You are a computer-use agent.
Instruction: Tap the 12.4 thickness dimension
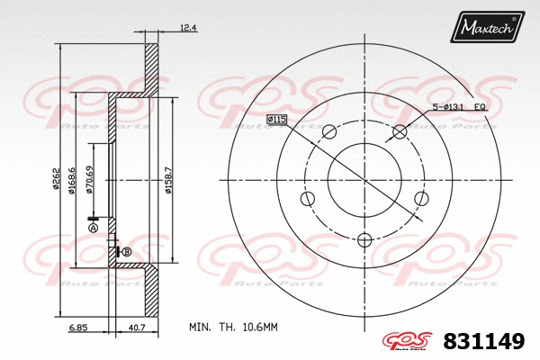[188, 29]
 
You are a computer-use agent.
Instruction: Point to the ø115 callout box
[275, 119]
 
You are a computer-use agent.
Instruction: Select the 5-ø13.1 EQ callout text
[461, 108]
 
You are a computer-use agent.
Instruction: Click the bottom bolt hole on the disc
[364, 239]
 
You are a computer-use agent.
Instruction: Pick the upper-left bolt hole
[328, 131]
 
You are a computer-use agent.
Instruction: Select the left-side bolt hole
[307, 198]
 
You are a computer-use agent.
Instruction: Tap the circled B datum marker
[126, 251]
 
